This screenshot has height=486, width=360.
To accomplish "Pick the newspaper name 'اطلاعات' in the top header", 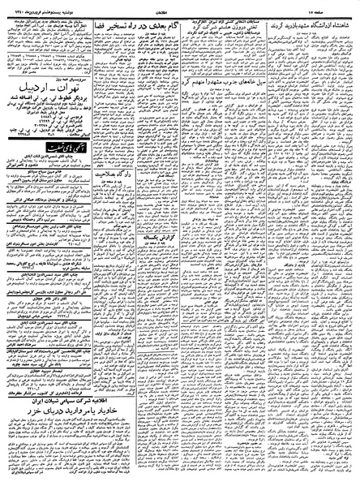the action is [182, 6].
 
